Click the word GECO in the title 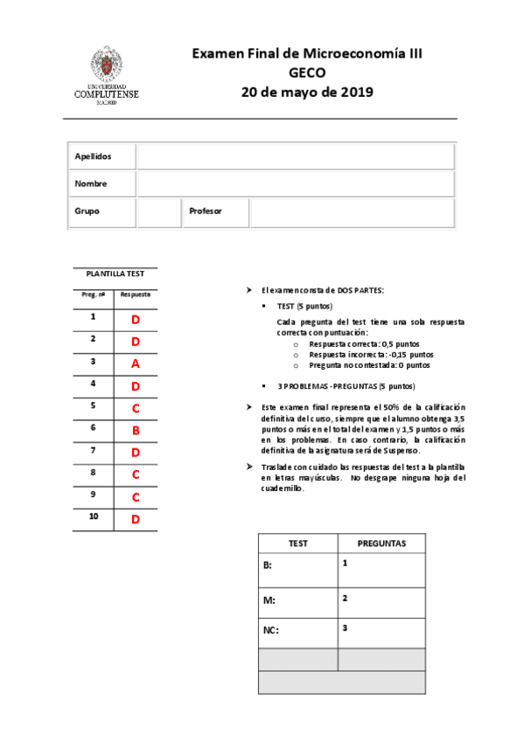(x=306, y=73)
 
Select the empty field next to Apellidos (x=296, y=156)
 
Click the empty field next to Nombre (x=296, y=184)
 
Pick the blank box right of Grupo (x=159, y=211)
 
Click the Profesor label (x=206, y=211)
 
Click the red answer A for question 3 (x=136, y=364)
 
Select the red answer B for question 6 (x=136, y=430)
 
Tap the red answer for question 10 (x=136, y=520)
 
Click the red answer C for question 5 (x=136, y=408)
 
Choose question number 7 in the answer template (x=93, y=451)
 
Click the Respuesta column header (x=136, y=295)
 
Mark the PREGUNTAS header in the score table (x=381, y=543)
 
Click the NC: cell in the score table (x=297, y=631)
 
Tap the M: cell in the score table (x=297, y=600)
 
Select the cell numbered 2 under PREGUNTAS (x=381, y=600)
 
